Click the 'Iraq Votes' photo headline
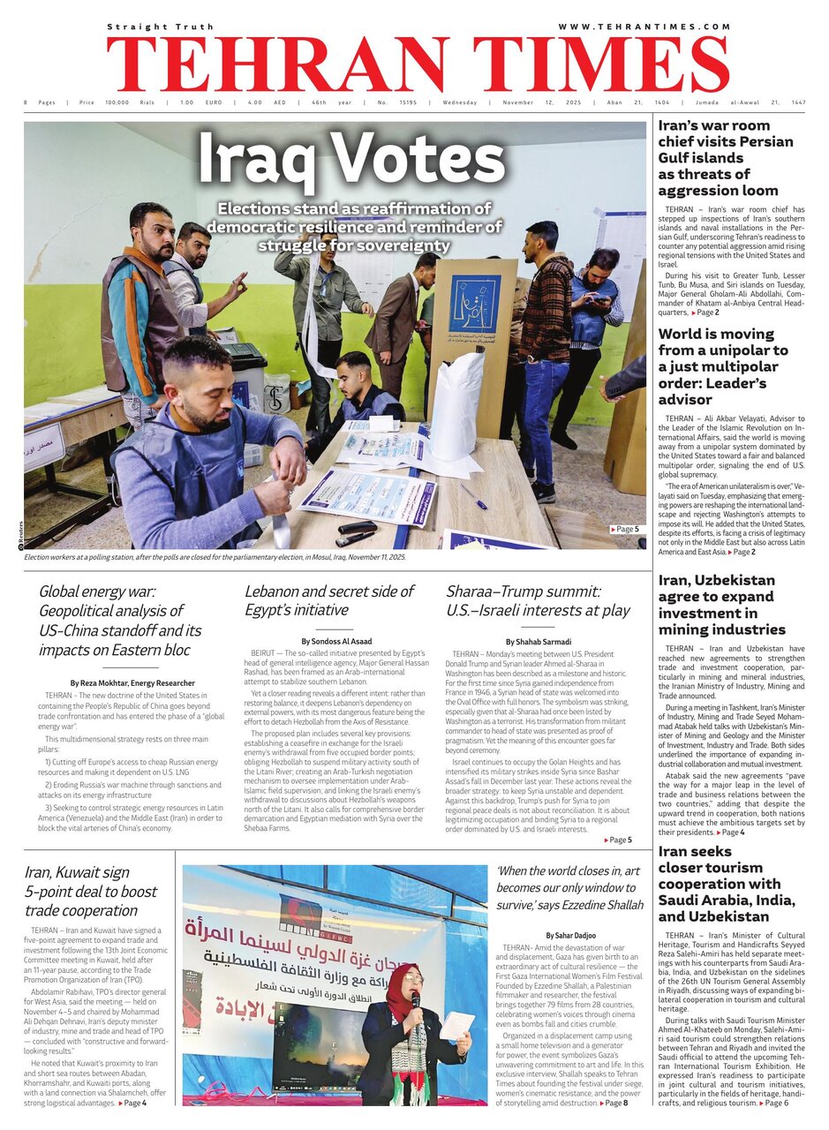351,161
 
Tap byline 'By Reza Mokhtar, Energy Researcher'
132,683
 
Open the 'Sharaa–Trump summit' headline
538,600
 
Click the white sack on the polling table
457,405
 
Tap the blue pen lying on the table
473,497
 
